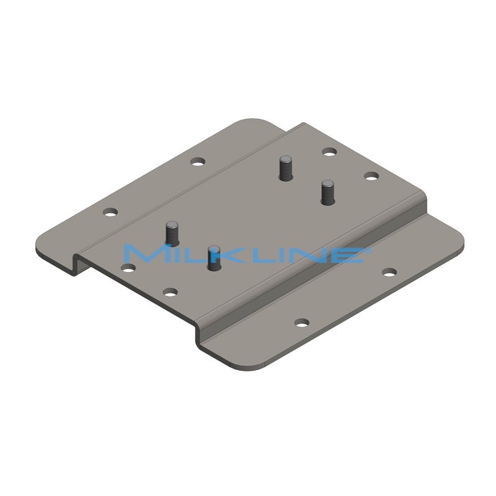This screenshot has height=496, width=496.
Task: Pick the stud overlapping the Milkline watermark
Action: coord(213,258)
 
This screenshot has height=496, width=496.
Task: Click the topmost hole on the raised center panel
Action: coord(329,151)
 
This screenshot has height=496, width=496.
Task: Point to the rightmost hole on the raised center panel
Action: coord(371,177)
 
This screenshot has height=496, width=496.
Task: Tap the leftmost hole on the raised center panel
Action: coord(128,268)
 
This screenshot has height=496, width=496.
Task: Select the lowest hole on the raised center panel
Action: coord(170,291)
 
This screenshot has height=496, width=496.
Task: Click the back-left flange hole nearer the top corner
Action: coord(198,162)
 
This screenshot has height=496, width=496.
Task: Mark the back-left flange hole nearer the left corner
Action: coord(110,212)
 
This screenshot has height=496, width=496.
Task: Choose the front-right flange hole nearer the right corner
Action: coord(389,272)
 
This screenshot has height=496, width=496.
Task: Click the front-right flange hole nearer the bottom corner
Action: coord(302,322)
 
